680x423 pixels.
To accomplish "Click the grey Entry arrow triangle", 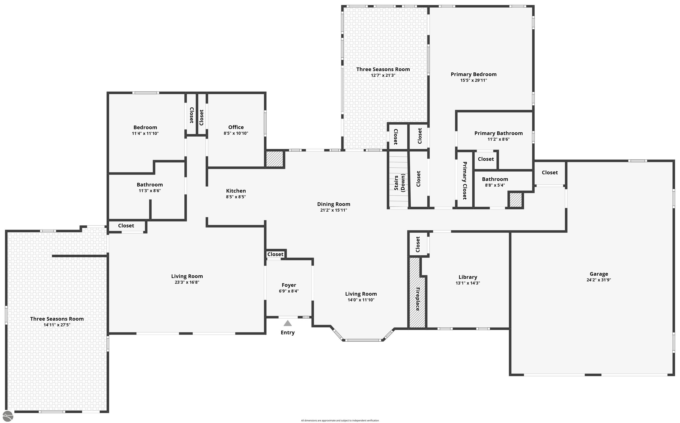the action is [x=288, y=323].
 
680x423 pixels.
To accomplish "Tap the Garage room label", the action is [x=599, y=274].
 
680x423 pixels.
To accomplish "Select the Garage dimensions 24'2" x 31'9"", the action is [x=599, y=280].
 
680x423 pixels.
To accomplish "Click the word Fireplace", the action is [x=418, y=299].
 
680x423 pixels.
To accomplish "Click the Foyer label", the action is [x=289, y=285].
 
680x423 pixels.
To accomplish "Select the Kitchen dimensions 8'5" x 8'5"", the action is [x=236, y=197].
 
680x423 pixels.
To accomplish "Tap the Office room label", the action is [x=236, y=127].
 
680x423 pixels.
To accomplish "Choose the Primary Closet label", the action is [x=465, y=180].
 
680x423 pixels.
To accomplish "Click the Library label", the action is [x=468, y=277].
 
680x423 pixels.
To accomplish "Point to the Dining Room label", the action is [x=333, y=204].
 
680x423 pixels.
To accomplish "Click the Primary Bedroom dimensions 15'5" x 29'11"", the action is [x=473, y=80].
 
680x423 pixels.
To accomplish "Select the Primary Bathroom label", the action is [x=498, y=133].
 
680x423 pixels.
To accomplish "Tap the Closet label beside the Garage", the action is [x=550, y=173].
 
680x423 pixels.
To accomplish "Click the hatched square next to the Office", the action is [x=274, y=159].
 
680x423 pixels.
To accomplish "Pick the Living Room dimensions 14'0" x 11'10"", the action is [x=361, y=300].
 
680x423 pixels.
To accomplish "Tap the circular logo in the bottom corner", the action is [x=7, y=416].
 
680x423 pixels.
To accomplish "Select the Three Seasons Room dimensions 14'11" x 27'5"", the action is [x=57, y=325].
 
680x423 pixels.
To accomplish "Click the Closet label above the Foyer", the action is [x=275, y=254].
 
